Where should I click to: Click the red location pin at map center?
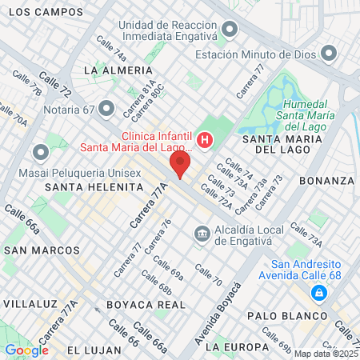pos(180,166)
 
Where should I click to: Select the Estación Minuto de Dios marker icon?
pos(328,54)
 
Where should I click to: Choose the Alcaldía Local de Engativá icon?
pos(202,234)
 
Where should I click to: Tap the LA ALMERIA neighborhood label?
pos(112,70)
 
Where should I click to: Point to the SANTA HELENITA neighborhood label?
pos(94,186)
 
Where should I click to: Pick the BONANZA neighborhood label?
pos(326,181)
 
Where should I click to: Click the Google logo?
pos(26,350)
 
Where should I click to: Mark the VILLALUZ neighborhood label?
pos(31,304)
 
